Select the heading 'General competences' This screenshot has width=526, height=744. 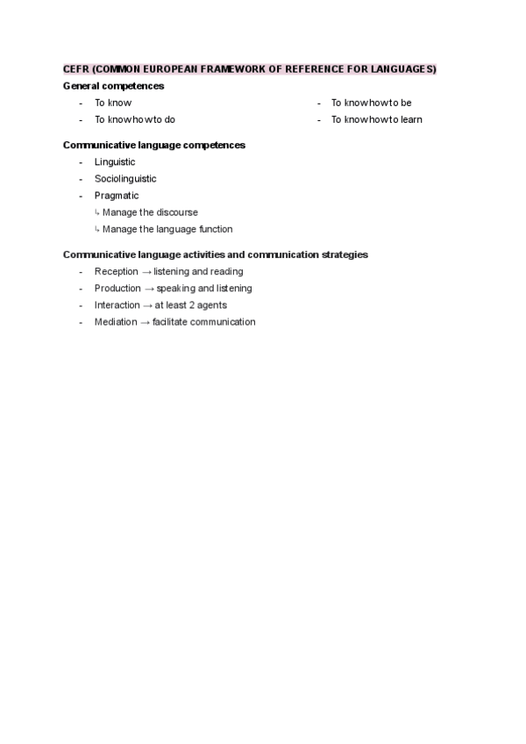(x=113, y=86)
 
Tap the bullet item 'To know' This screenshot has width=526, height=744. (x=113, y=103)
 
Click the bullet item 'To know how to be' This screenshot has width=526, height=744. (x=371, y=103)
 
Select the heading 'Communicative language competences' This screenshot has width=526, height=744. (x=154, y=145)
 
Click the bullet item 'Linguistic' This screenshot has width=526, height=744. (x=115, y=162)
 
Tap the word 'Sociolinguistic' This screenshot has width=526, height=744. (x=125, y=179)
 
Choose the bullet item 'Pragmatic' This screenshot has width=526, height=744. (x=117, y=196)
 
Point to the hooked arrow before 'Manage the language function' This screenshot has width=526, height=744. (x=97, y=230)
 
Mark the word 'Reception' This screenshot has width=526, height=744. (x=116, y=272)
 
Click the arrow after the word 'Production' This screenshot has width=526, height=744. (x=148, y=289)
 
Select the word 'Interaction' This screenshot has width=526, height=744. (x=117, y=305)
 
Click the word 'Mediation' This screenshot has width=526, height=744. (x=116, y=322)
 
